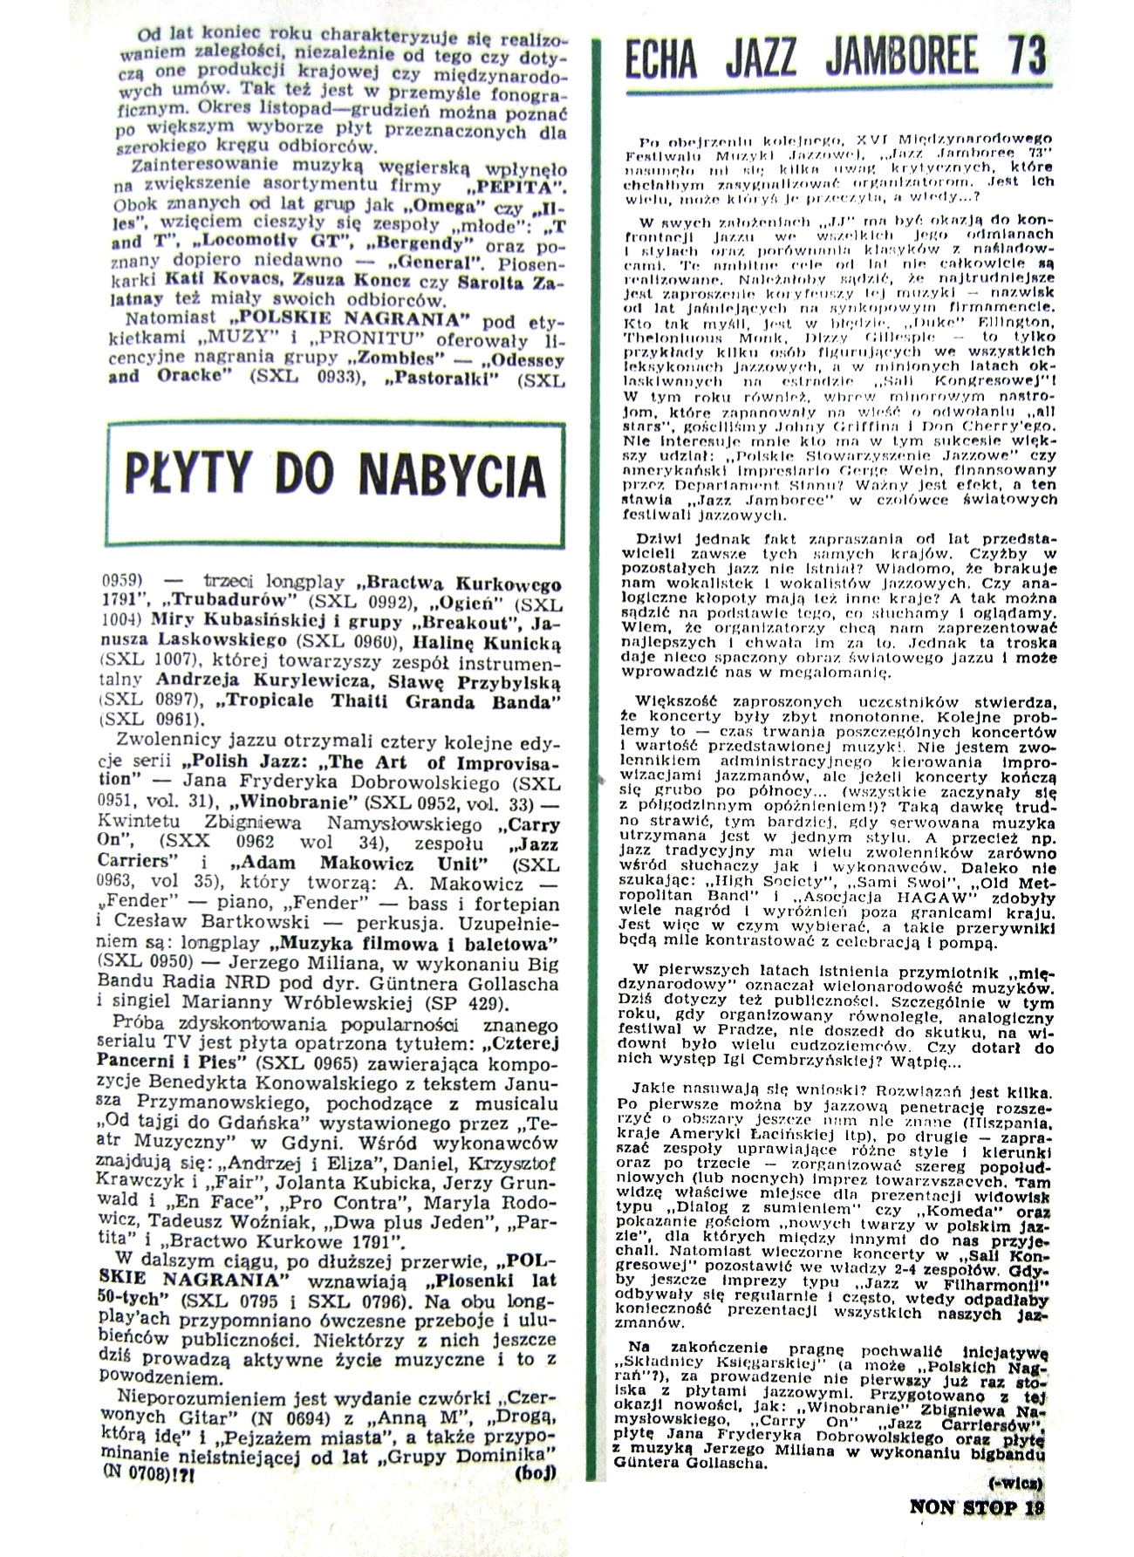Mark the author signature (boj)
536,1472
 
